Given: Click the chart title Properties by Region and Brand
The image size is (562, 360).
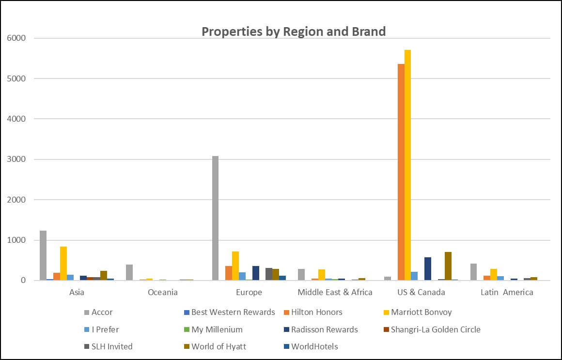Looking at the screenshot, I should (x=294, y=31).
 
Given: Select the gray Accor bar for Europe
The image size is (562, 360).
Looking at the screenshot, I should (x=215, y=218).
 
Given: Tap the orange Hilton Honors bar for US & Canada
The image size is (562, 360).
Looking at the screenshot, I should (x=401, y=172).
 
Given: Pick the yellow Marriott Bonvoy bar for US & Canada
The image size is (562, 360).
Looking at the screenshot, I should (x=407, y=165).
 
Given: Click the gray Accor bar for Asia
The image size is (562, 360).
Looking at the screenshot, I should (x=43, y=255).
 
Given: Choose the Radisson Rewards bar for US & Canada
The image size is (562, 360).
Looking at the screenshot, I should (x=428, y=268).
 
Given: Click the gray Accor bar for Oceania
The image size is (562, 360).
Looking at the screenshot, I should (x=129, y=272).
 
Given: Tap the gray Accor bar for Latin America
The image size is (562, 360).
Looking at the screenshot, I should (x=473, y=272).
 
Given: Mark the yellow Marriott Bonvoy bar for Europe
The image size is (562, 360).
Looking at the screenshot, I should (x=235, y=266).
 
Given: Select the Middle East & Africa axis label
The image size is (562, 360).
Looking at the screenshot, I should (x=335, y=292).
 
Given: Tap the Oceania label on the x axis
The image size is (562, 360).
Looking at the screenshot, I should (x=163, y=292).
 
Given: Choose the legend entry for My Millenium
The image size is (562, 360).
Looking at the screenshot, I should (x=217, y=329).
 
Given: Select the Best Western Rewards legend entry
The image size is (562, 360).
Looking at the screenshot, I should (x=233, y=312).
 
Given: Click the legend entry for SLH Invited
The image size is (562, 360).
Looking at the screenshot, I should (x=112, y=346).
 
